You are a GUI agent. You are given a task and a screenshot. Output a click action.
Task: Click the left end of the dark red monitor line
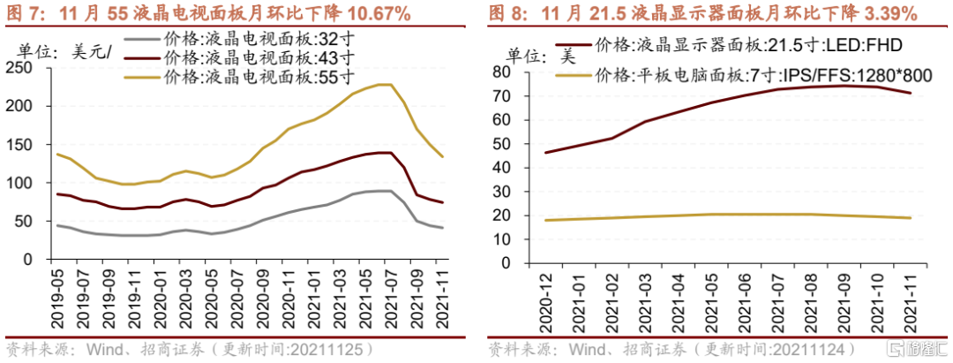tap(546, 153)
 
